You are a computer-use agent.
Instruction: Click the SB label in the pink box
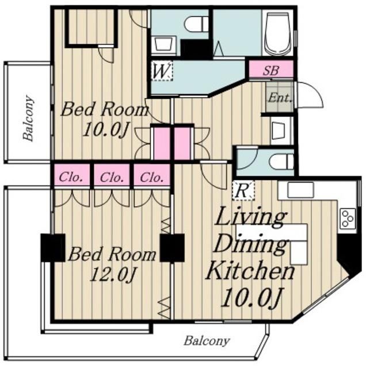271,70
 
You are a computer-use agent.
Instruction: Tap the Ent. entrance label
280,98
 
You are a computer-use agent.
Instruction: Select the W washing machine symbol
162,71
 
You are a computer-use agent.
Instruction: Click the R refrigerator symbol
243,191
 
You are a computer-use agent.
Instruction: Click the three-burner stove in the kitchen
347,218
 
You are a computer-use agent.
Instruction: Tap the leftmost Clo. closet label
70,177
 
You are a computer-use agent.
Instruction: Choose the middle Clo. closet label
112,177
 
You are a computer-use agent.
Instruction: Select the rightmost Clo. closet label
152,177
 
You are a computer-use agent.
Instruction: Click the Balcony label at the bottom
207,340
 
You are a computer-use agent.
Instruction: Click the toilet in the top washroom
196,24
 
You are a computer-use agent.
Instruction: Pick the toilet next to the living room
281,162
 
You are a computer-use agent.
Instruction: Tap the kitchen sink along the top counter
301,190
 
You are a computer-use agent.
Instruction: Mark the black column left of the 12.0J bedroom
53,248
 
